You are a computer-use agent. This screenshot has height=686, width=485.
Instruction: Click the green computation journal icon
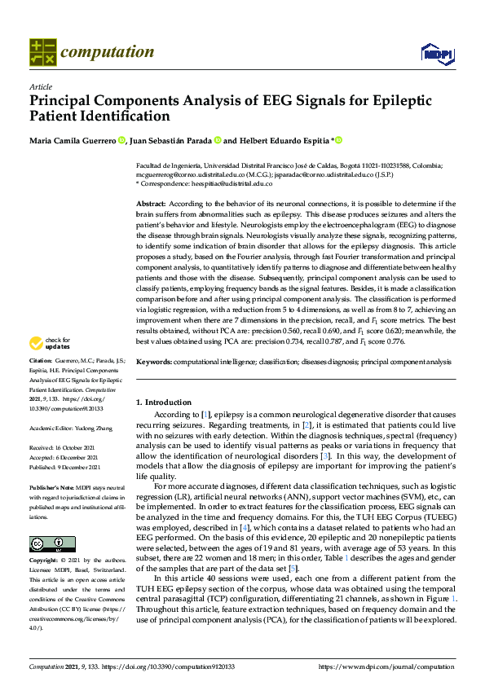click(42, 52)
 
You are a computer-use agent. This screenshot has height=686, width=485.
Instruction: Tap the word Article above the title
click(40, 87)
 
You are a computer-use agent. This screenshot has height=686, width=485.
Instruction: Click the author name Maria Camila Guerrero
click(73, 140)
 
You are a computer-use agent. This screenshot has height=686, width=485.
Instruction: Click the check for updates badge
click(50, 367)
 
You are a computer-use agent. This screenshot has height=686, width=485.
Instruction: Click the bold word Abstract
click(150, 203)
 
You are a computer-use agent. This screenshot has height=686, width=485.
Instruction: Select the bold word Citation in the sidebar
click(40, 382)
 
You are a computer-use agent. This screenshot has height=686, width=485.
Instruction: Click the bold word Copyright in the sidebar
click(45, 562)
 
